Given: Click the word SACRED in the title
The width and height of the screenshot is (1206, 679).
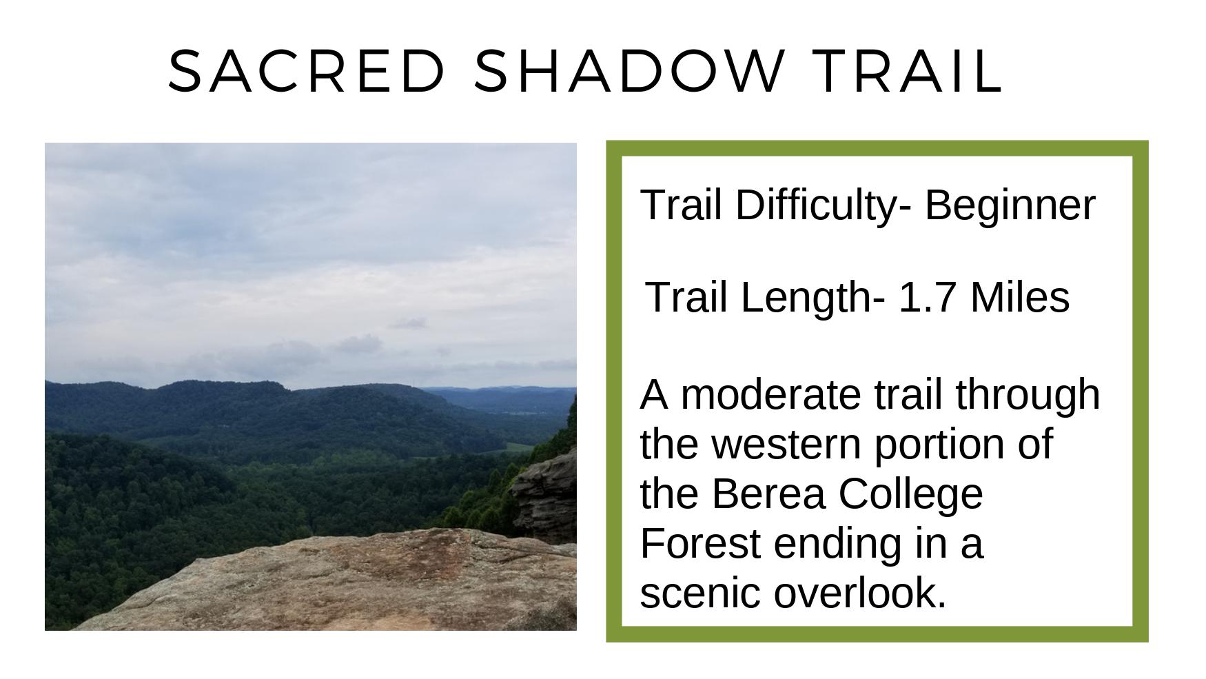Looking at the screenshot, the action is [307, 70].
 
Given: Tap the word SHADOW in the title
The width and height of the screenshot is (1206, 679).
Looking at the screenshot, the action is [628, 70].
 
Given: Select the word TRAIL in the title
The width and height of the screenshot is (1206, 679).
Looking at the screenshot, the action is [908, 70].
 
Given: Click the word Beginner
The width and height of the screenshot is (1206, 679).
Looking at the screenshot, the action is [1010, 205].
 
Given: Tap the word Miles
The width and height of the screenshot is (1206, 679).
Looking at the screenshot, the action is [1020, 297].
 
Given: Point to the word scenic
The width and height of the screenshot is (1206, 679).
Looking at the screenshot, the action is [700, 594].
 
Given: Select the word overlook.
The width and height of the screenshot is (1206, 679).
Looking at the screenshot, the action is [860, 594].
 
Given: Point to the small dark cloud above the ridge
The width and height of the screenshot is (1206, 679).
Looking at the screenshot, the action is [410, 323].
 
